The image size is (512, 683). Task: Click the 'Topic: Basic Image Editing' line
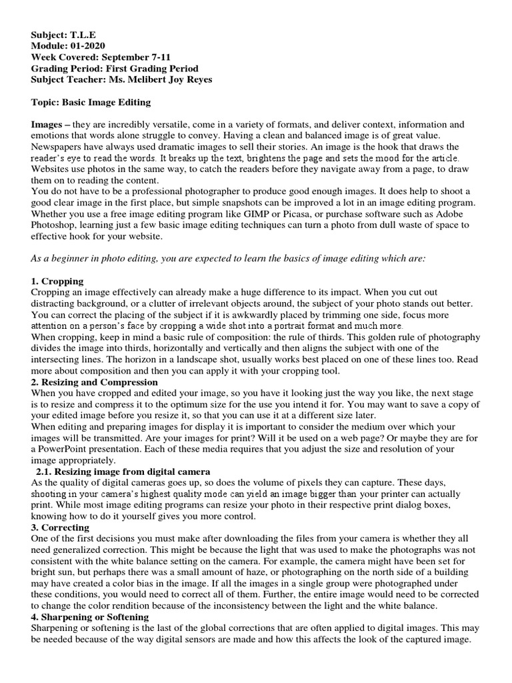pos(91,102)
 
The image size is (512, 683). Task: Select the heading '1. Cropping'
pos(57,281)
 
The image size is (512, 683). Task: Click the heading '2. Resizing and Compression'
pos(95,382)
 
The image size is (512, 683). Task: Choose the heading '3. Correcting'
pos(61,528)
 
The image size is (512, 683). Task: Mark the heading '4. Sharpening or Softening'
pos(90,617)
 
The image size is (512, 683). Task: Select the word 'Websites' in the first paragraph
pos(55,169)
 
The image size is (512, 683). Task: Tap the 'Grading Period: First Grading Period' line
pos(115,69)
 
